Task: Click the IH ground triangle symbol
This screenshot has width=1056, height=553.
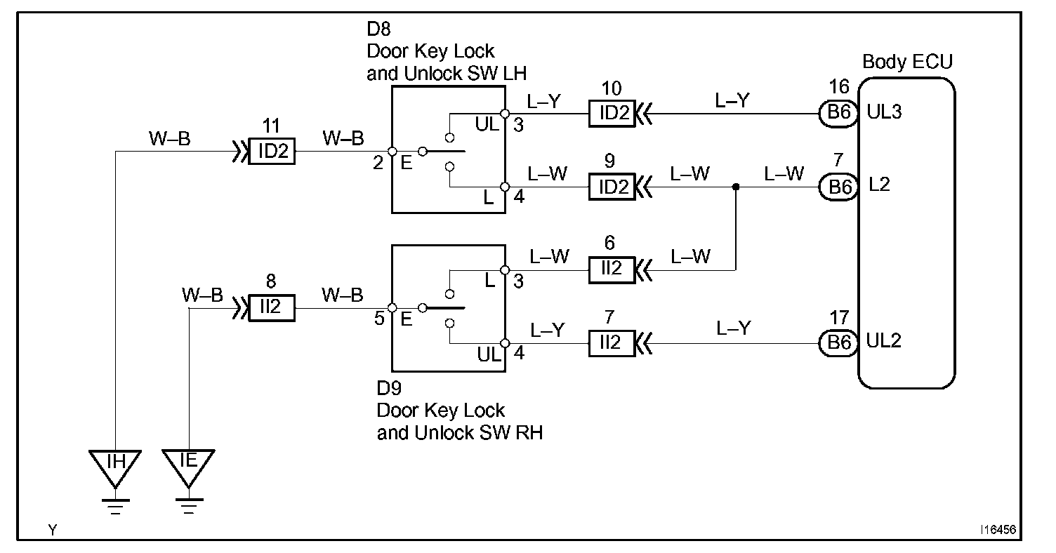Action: tap(115, 468)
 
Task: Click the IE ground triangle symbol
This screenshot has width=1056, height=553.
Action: tap(189, 468)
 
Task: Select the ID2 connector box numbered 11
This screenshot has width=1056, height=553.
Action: tap(272, 151)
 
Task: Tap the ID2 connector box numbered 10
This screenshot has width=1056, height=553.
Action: tap(612, 114)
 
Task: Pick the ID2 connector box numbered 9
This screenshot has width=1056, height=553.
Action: tap(612, 187)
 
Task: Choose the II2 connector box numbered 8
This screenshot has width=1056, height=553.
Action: tap(272, 307)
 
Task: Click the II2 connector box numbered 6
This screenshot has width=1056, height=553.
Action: tap(612, 270)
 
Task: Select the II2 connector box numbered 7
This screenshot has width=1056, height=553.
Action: tap(612, 343)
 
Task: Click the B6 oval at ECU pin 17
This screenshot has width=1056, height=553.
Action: tap(838, 343)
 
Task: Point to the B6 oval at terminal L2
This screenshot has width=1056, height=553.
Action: tap(838, 187)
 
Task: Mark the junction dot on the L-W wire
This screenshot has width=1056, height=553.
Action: tap(735, 187)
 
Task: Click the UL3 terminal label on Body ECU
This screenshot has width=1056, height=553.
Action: tap(884, 112)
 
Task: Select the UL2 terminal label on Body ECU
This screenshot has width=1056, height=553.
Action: tap(884, 340)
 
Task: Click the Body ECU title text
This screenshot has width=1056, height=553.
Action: tap(907, 62)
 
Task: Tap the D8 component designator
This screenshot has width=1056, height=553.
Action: tap(378, 29)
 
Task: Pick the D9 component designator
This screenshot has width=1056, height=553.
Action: tap(389, 388)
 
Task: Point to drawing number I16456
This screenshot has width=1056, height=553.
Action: tap(998, 530)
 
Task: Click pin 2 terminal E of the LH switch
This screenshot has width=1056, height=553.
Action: tap(392, 151)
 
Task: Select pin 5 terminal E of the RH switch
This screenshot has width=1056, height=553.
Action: tap(392, 307)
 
